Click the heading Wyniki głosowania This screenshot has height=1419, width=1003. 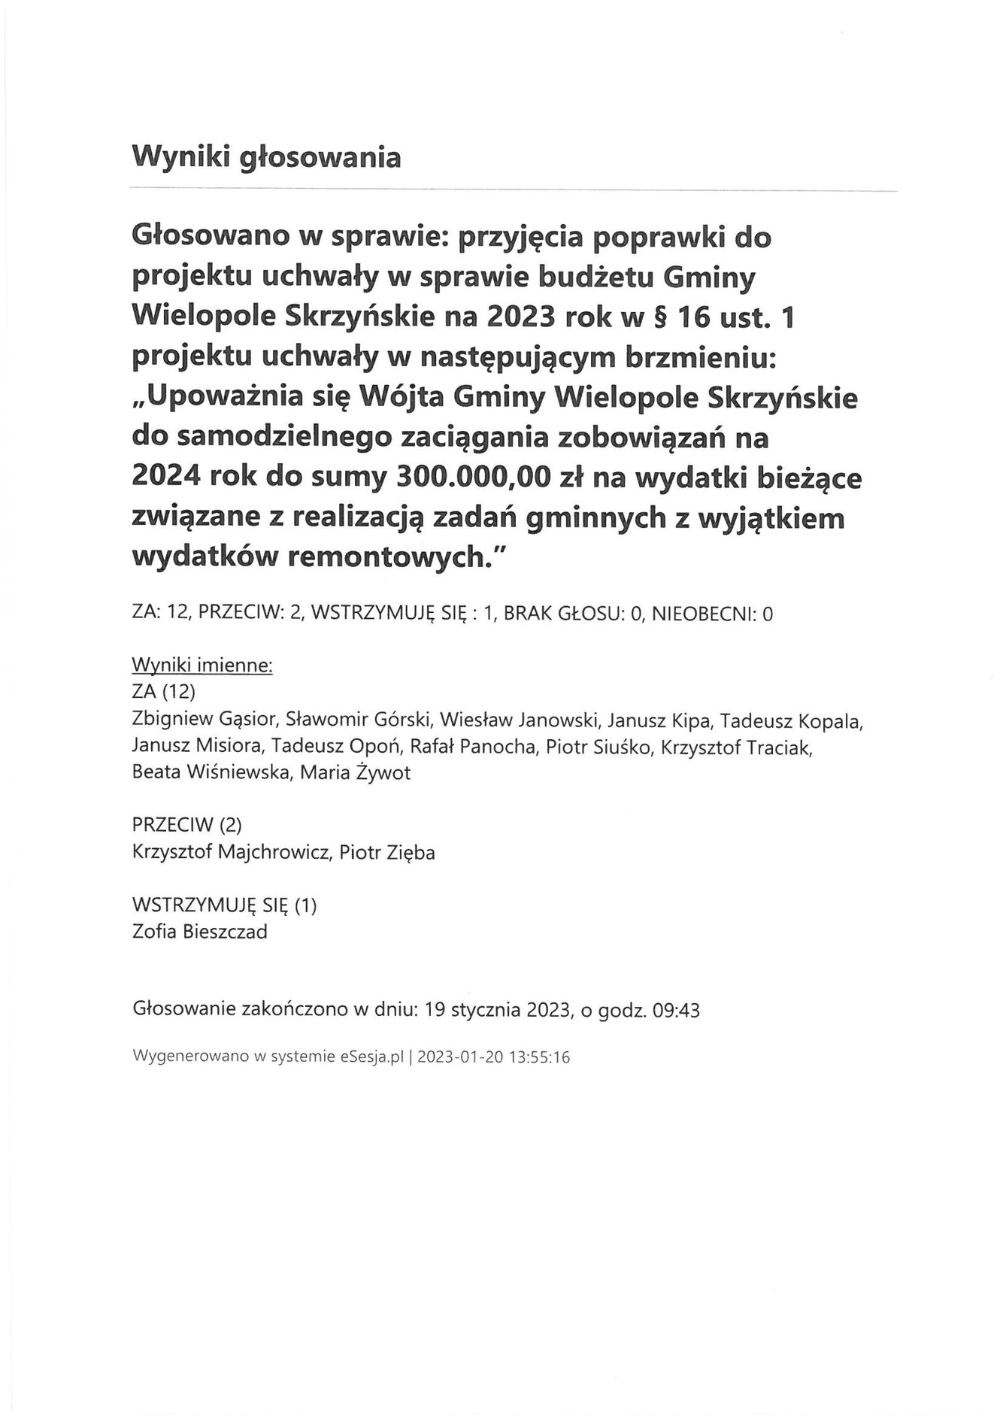tap(266, 158)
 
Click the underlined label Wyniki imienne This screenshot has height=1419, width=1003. tap(202, 666)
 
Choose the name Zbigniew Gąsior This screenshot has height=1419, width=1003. tap(206, 720)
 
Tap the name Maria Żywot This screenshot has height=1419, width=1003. tap(355, 773)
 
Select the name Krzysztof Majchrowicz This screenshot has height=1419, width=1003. tap(230, 853)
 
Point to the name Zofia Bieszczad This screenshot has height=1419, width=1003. tap(199, 932)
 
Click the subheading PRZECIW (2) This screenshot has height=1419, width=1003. tap(186, 825)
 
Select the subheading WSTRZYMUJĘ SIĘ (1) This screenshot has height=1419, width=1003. tap(224, 905)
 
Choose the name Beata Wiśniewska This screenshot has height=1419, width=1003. tap(209, 773)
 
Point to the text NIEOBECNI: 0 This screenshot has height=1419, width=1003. tap(712, 614)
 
